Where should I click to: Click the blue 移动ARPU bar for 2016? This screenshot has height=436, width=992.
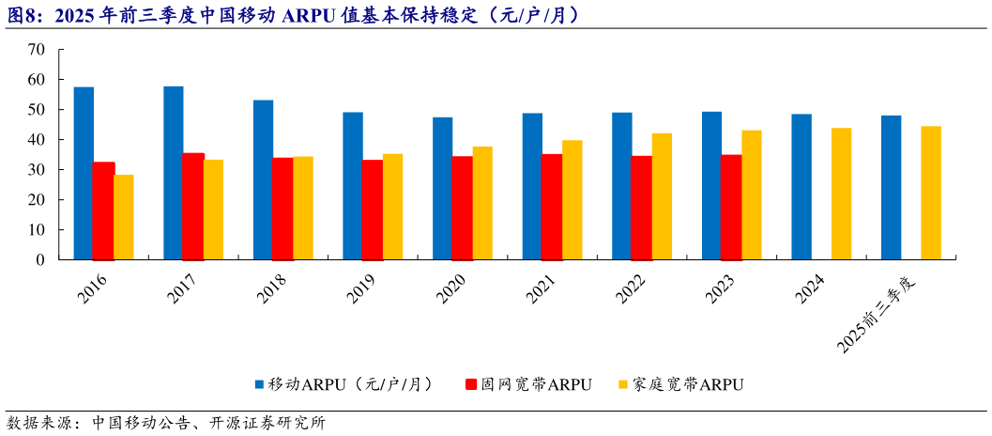click(x=84, y=173)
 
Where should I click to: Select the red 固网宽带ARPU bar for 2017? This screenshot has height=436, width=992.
click(x=192, y=206)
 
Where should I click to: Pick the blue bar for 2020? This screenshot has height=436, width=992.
click(x=442, y=188)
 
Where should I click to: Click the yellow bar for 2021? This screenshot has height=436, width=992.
click(x=572, y=199)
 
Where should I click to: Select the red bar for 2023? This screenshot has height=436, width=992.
click(x=730, y=207)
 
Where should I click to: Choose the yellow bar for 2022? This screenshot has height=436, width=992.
click(x=663, y=196)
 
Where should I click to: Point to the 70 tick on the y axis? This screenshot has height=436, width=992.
click(x=37, y=50)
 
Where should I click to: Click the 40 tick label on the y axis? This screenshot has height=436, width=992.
click(x=37, y=140)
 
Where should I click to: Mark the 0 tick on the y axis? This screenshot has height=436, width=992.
click(x=40, y=260)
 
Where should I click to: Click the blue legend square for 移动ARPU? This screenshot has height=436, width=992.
click(x=259, y=384)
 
